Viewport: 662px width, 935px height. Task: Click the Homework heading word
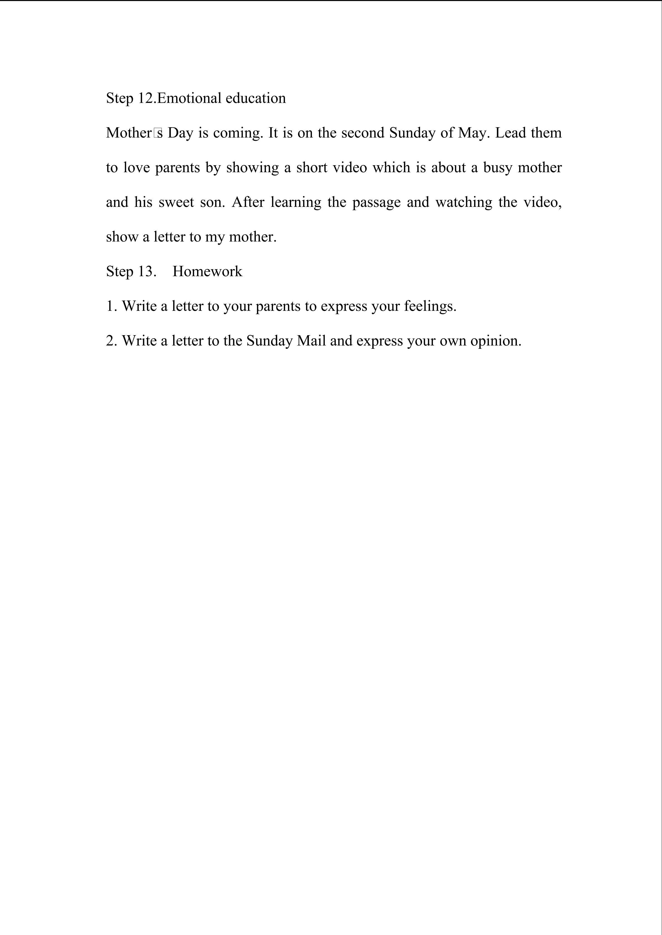(x=207, y=271)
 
